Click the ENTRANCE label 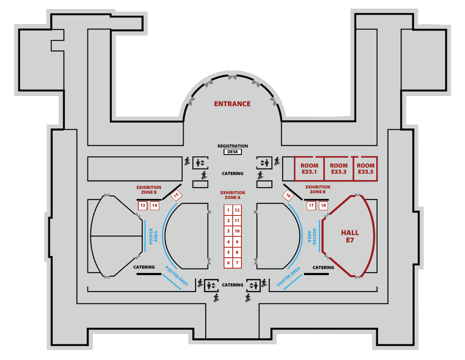tap(232, 104)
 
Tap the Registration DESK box tap(232, 151)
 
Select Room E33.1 tap(309, 168)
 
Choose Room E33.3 tap(339, 168)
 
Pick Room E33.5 tap(365, 168)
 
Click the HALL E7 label tap(350, 236)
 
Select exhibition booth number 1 tap(228, 210)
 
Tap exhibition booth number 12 tap(237, 210)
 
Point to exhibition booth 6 tap(228, 262)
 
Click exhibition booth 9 tap(237, 242)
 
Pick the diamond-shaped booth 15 tap(176, 195)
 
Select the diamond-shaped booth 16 tap(288, 195)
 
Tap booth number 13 tap(143, 205)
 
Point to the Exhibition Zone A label tap(232, 195)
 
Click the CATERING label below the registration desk tap(232, 173)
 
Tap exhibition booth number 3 tap(228, 231)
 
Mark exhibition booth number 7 tap(237, 262)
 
